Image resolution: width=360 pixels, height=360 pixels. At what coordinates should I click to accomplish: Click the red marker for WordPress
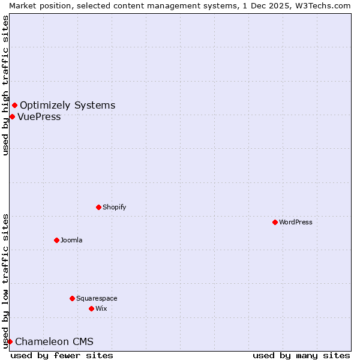point(275,222)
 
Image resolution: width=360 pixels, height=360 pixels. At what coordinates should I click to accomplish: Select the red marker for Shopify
point(98,207)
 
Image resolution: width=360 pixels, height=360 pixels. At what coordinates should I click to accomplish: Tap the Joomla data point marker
point(56,240)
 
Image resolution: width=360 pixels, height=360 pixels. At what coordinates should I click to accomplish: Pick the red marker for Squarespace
point(72,298)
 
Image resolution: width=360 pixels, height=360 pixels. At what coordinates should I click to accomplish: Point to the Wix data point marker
point(91,308)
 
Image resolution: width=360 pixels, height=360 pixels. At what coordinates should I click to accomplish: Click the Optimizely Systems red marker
point(14,106)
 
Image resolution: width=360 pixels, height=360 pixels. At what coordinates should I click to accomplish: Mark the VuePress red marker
point(12,116)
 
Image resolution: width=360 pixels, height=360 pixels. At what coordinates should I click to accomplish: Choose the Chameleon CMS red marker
point(10,342)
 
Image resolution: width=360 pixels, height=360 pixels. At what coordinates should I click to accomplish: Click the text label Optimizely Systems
point(67,106)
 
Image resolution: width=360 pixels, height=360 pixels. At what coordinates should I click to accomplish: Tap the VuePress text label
point(39,117)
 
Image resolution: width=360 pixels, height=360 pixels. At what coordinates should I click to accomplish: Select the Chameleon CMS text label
point(54,342)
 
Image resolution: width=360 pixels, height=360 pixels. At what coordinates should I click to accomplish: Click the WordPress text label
point(296,222)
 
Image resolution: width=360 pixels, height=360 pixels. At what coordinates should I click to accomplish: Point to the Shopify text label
point(114,207)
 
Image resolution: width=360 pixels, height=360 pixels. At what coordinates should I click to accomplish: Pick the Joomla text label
point(71,240)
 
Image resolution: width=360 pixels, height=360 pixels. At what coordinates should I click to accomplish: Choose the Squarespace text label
point(97,298)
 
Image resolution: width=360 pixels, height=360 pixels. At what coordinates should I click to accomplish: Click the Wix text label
point(101,308)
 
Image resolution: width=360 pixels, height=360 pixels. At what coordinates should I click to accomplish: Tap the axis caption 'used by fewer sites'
point(62,355)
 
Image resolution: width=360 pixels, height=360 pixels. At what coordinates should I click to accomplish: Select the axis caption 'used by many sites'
point(301,355)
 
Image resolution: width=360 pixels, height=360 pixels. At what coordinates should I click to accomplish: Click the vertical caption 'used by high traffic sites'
point(5,85)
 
